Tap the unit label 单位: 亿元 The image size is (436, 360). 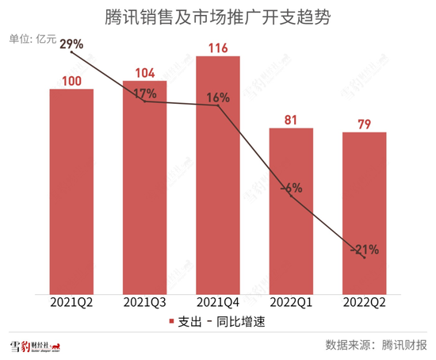pos(32,40)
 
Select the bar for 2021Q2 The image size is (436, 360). pos(71,190)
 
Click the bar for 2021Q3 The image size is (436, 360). pos(144,186)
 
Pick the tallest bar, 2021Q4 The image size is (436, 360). pos(218,174)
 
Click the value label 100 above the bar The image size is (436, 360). pos(71,80)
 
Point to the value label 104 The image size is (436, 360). pos(144,72)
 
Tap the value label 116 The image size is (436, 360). pos(218,49)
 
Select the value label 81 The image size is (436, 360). pos(291,120)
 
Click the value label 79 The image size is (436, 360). pos(364,124)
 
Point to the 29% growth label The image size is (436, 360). pos(71,45)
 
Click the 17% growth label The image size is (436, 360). pos(144,94)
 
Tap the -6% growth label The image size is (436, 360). pos(291,188)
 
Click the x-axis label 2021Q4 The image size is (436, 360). pos(218,302)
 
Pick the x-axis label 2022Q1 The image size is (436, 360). pos(291,302)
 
